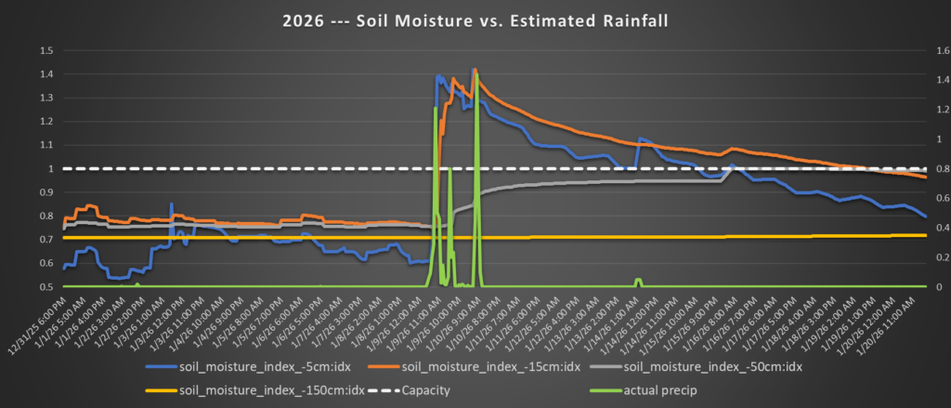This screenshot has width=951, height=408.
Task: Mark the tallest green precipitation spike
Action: tap(475, 74)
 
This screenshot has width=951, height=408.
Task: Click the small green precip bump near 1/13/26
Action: tap(638, 280)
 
